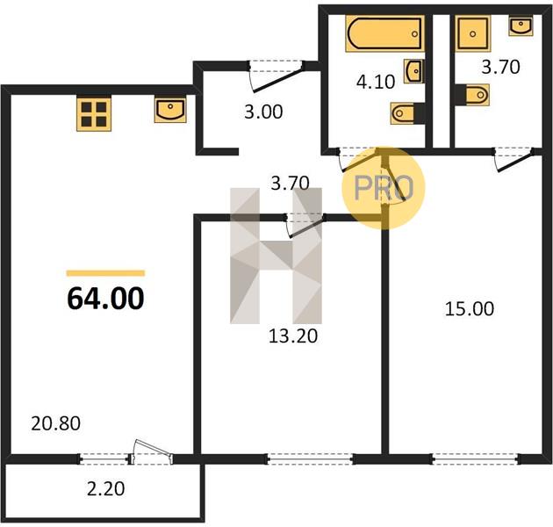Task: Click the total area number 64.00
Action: click(105, 299)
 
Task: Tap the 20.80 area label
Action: click(55, 423)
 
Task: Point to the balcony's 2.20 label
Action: click(106, 489)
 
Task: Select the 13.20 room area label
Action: click(293, 336)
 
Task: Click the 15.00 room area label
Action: click(470, 309)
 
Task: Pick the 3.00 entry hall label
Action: click(263, 112)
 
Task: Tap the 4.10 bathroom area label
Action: click(376, 82)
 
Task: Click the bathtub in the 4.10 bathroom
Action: click(384, 34)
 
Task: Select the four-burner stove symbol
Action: click(94, 114)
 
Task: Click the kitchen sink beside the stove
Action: click(170, 111)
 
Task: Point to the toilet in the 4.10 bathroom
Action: click(406, 113)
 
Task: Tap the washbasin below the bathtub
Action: click(413, 71)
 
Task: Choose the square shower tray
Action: click(473, 34)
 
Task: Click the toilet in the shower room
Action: click(473, 95)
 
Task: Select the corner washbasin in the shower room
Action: click(521, 25)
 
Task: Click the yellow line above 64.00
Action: click(105, 273)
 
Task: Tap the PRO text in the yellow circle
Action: click(384, 188)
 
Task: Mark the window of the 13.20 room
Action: click(311, 458)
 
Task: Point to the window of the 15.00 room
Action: click(475, 458)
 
